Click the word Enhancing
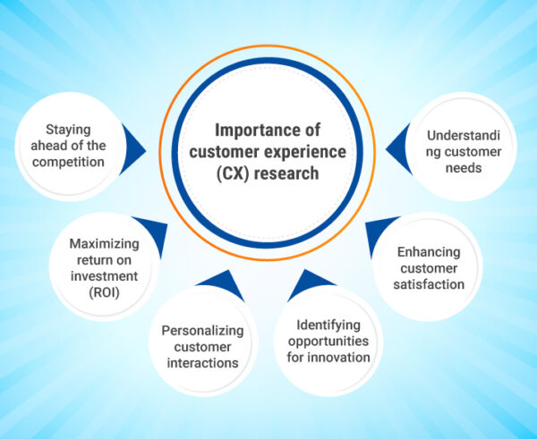point(430,252)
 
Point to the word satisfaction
point(430,284)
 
